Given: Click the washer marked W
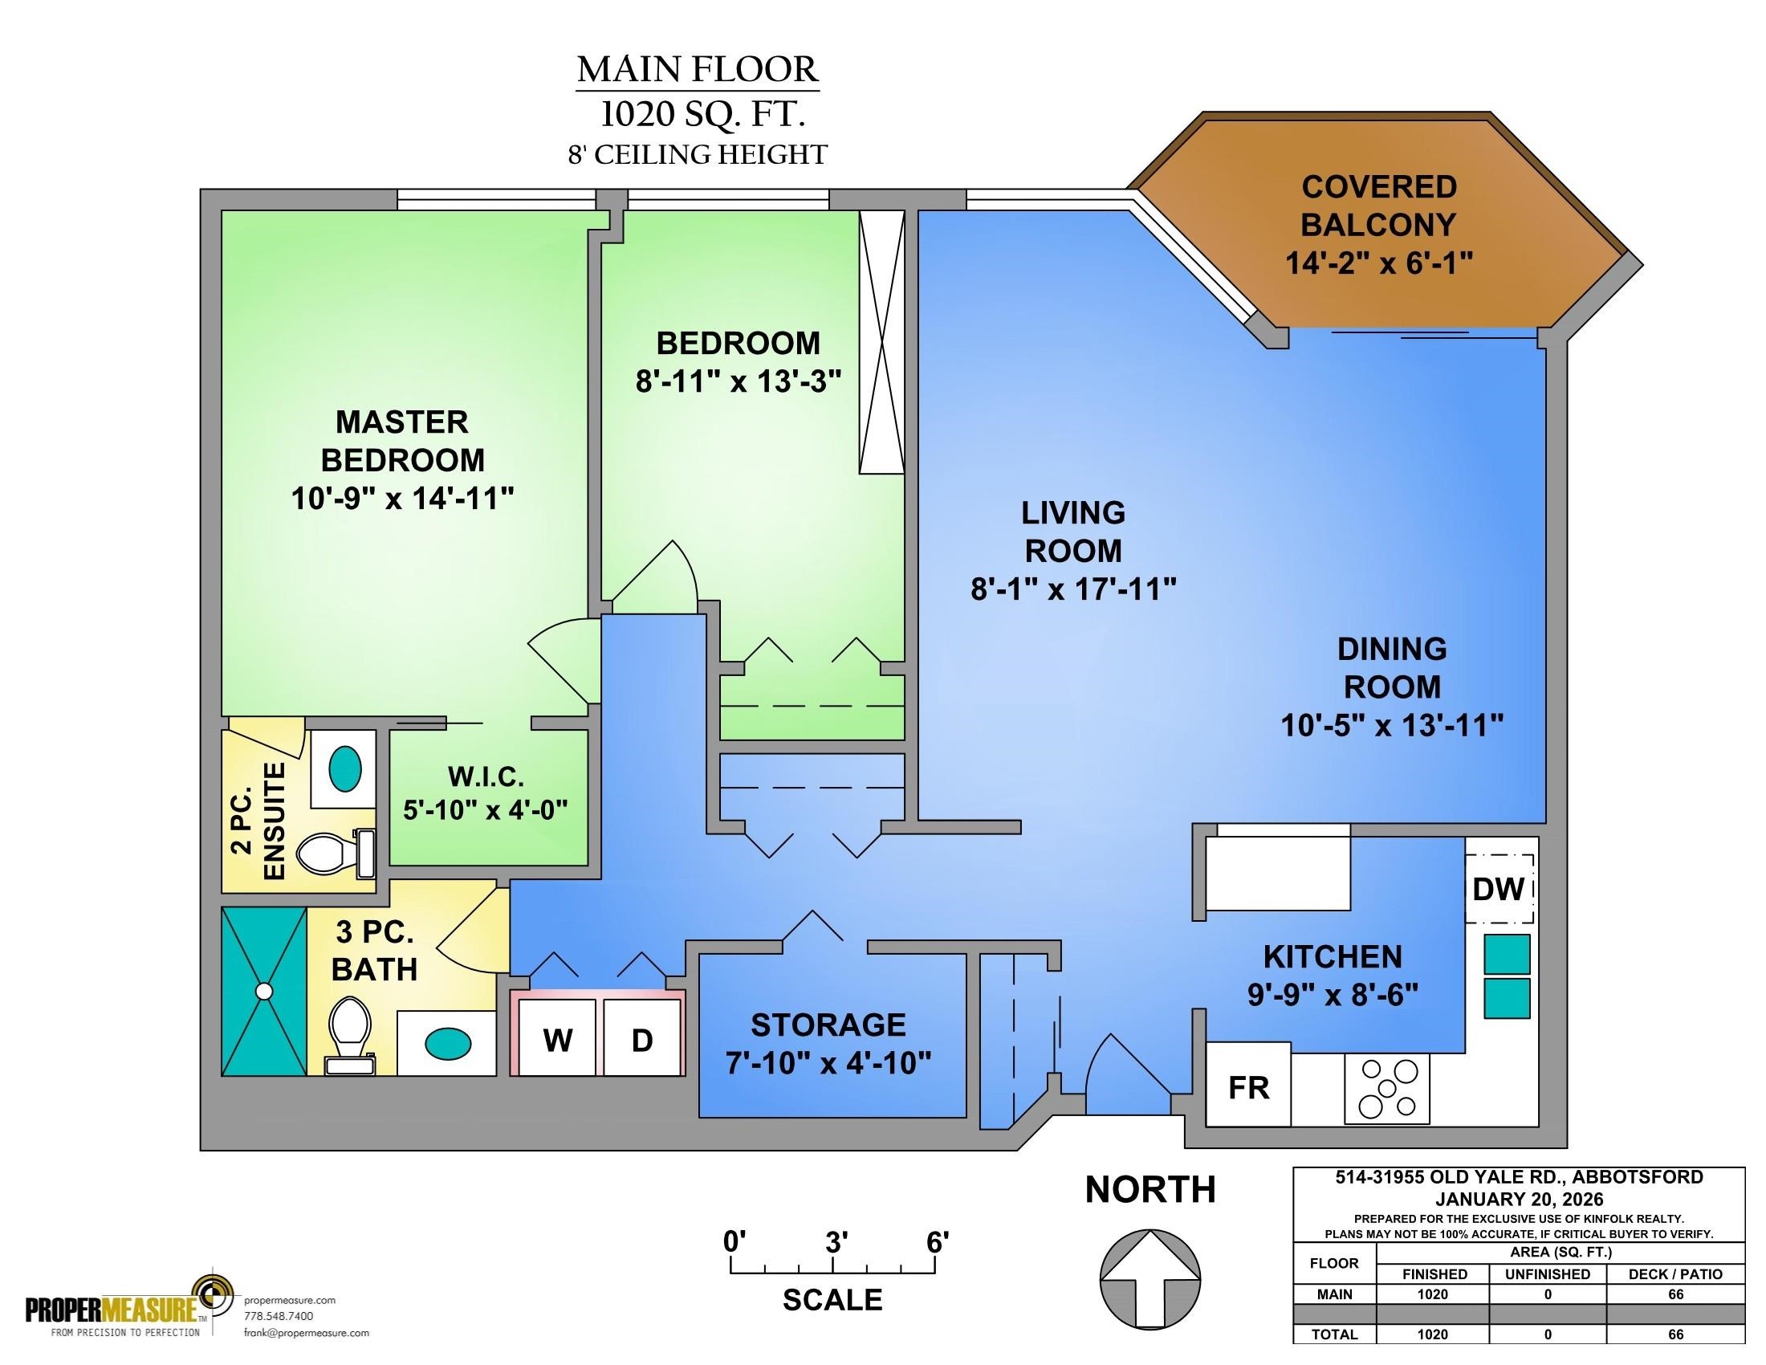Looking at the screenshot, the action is [558, 1037].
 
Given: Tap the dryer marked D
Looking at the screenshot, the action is [642, 1037].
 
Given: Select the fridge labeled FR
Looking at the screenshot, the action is [1248, 1085].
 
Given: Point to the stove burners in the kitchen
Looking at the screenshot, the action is [1387, 1088].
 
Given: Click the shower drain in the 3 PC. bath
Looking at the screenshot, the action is [263, 990].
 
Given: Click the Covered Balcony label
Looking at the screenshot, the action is [1378, 206].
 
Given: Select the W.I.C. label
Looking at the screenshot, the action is [486, 777].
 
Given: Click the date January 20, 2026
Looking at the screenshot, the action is [1520, 1200].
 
